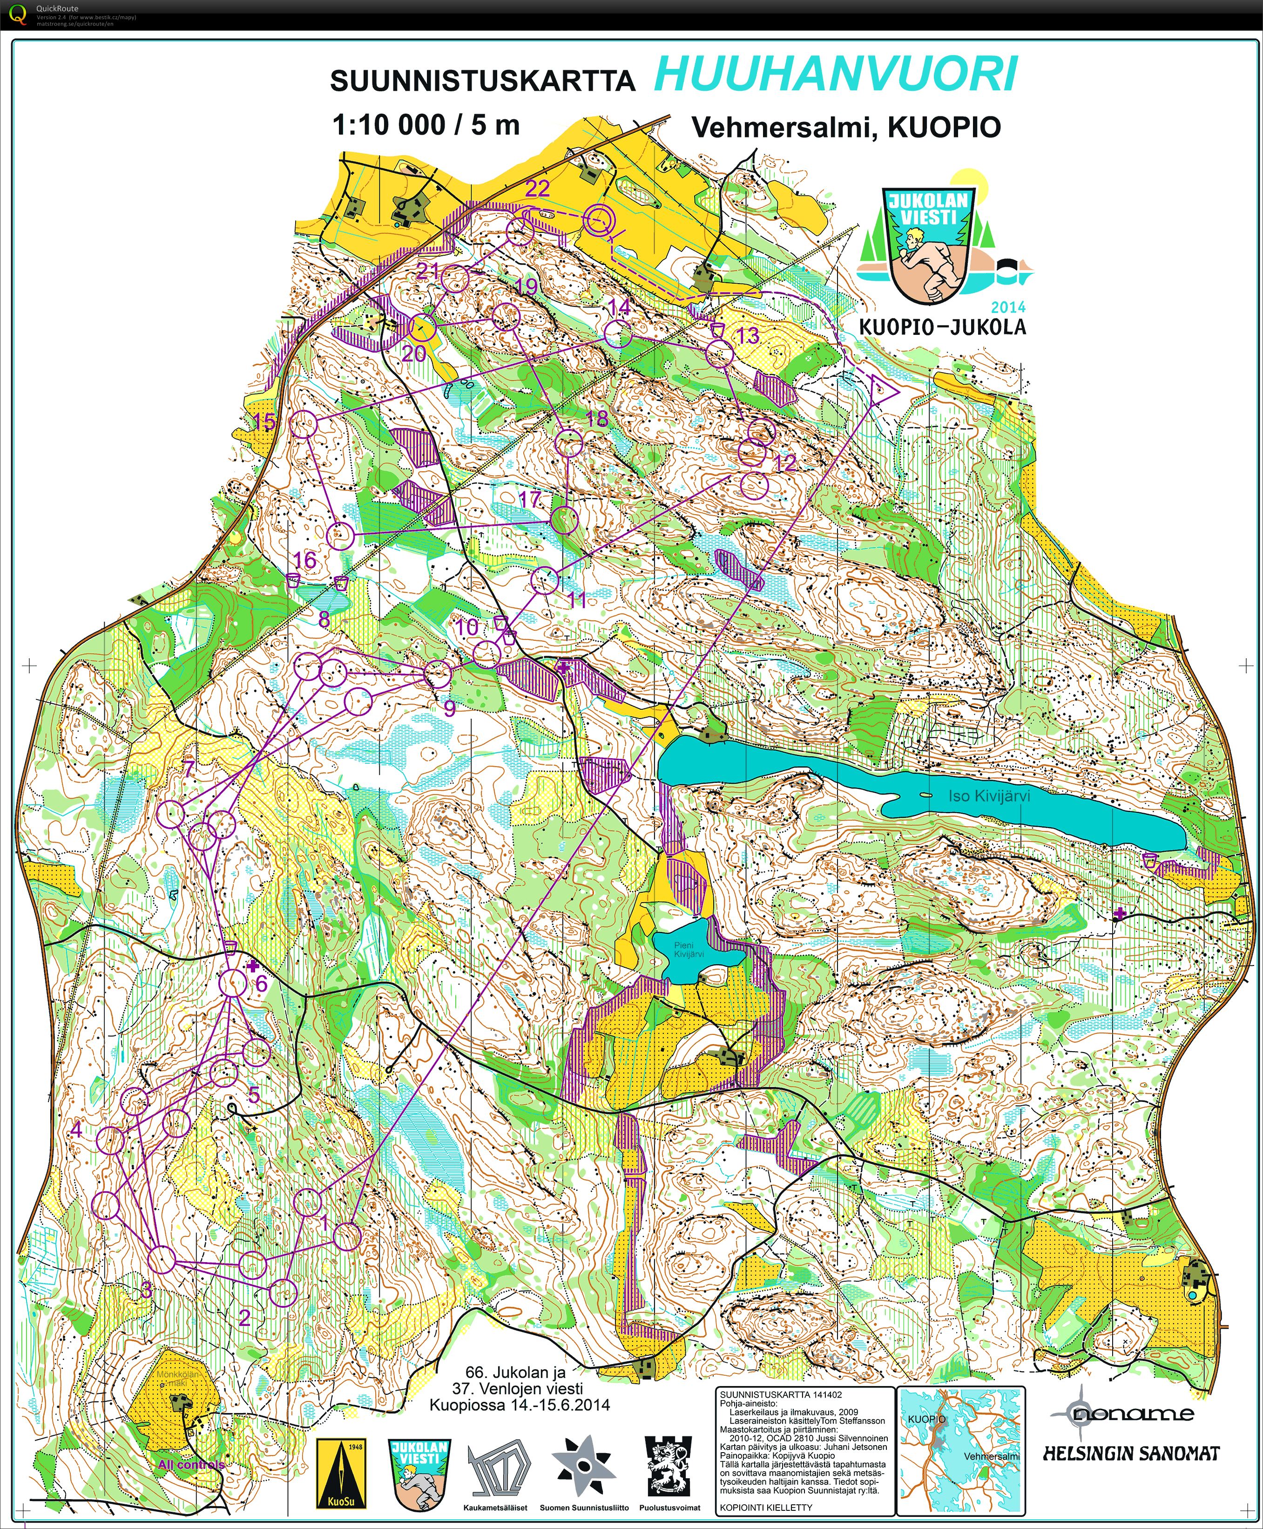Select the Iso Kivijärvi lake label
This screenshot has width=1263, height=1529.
coord(989,796)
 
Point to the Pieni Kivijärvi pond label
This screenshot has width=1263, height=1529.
coord(688,949)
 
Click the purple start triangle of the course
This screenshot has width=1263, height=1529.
coord(881,391)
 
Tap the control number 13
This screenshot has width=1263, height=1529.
coord(748,335)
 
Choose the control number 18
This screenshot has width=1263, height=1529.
coord(596,418)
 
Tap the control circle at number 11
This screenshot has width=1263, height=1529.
coord(544,580)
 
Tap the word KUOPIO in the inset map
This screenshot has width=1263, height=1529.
coord(926,1419)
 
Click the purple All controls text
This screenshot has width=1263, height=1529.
coord(190,1464)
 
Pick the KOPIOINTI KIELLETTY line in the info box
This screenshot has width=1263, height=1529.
coord(765,1507)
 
